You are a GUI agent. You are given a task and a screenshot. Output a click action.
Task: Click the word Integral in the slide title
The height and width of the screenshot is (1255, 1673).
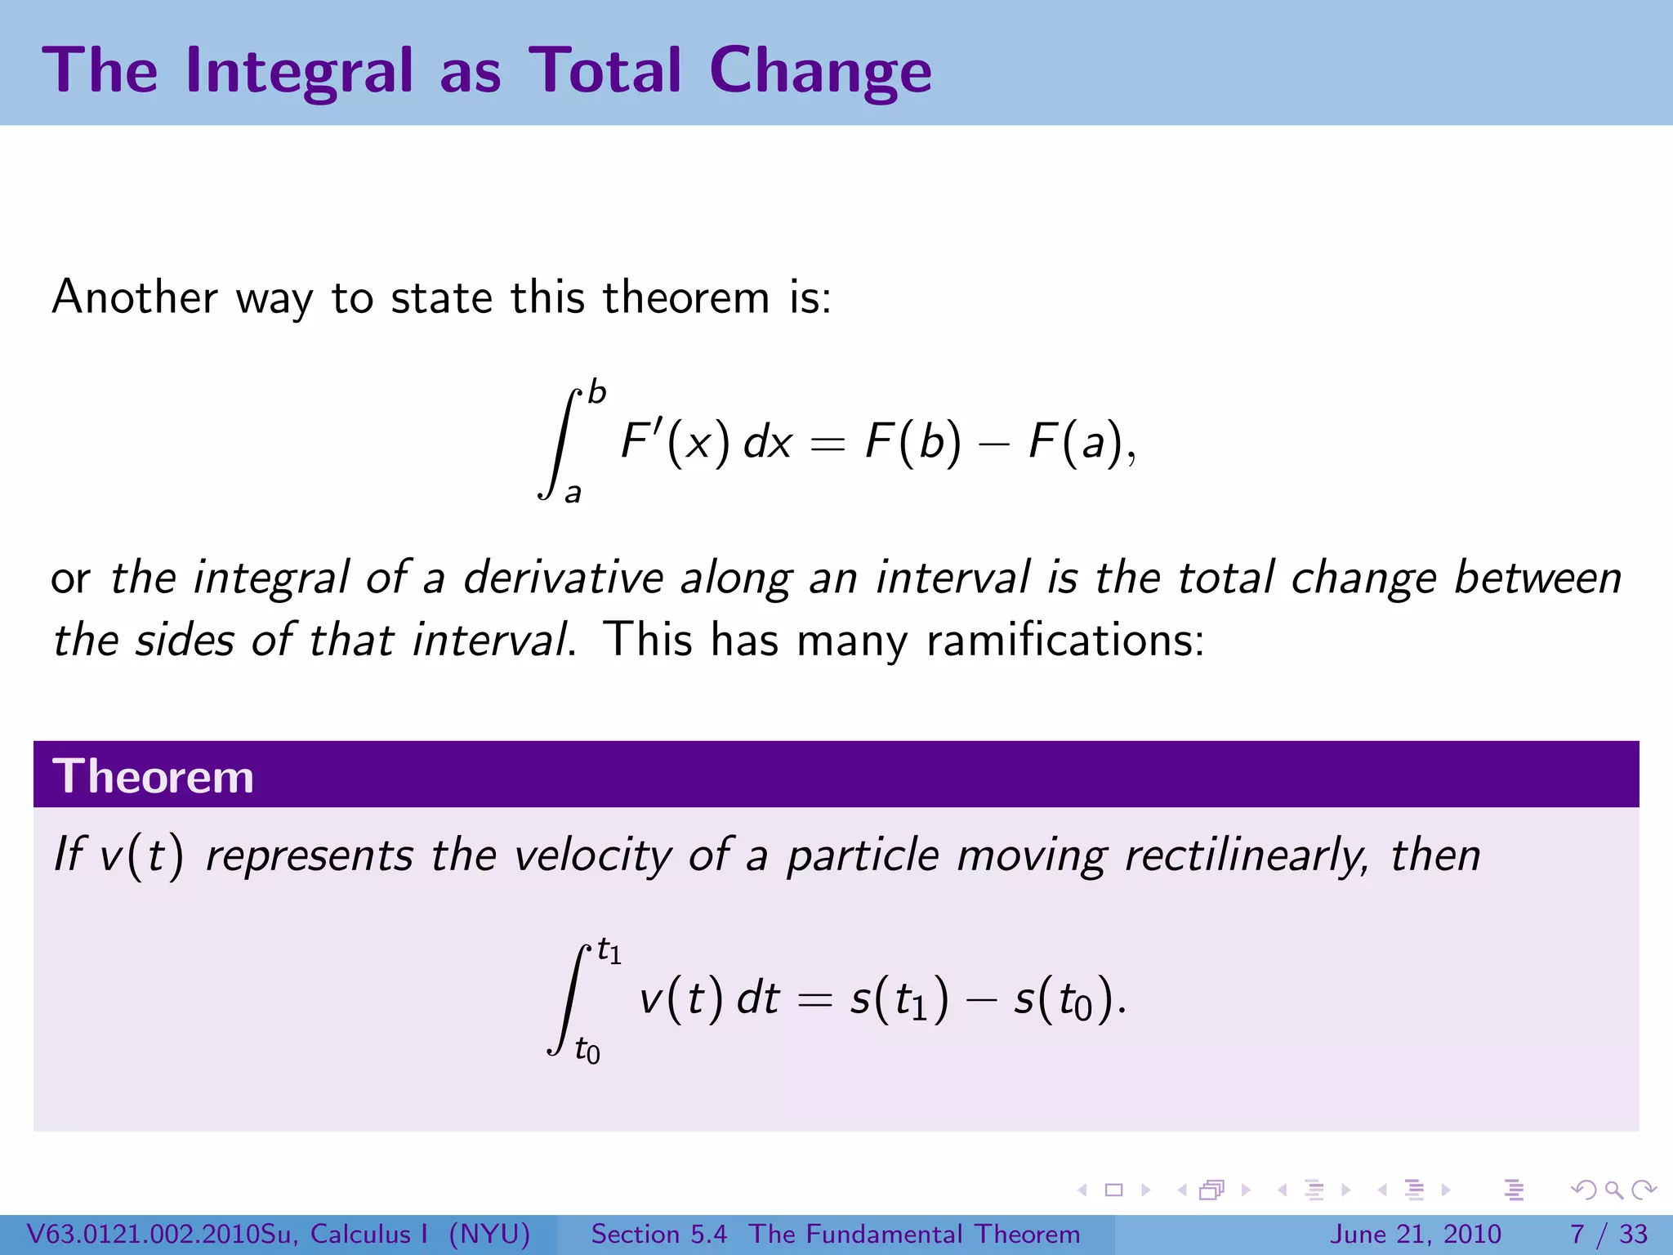coord(300,72)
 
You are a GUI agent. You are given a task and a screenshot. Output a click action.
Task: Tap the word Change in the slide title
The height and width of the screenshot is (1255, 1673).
coord(819,72)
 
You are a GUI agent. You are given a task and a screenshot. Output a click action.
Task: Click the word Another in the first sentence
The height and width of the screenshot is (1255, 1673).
coord(135,297)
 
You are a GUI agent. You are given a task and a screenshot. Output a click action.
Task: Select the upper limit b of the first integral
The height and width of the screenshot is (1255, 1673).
coord(597,393)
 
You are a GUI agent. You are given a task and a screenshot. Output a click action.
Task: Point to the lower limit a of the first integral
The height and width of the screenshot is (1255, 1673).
coord(573,493)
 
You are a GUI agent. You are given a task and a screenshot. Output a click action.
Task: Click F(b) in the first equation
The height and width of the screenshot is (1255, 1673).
coord(912,442)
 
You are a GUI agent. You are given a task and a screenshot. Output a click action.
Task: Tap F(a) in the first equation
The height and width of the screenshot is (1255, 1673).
coord(1076,442)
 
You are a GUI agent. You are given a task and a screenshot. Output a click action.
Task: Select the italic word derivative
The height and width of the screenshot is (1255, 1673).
coord(563,578)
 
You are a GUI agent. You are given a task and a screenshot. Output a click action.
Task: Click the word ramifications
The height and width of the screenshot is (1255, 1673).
coord(1064,640)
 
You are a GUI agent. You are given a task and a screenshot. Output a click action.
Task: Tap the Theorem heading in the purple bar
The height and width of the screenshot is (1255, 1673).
coord(153,775)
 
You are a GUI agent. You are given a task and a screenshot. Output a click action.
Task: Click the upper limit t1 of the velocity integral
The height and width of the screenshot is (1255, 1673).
coord(609,951)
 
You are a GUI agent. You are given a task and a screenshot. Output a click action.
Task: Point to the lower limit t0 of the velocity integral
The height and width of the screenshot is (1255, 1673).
coord(587,1050)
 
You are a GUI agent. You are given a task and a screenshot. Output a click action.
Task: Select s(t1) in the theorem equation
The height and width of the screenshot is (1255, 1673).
coord(899,999)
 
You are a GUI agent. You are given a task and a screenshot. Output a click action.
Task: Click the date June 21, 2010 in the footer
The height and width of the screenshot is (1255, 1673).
coord(1416,1234)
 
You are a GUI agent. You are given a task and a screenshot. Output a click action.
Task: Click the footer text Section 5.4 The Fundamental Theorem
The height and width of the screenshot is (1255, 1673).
coord(835,1234)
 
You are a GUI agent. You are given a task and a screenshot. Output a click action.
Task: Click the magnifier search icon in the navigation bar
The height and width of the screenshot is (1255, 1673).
coord(1613,1190)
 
